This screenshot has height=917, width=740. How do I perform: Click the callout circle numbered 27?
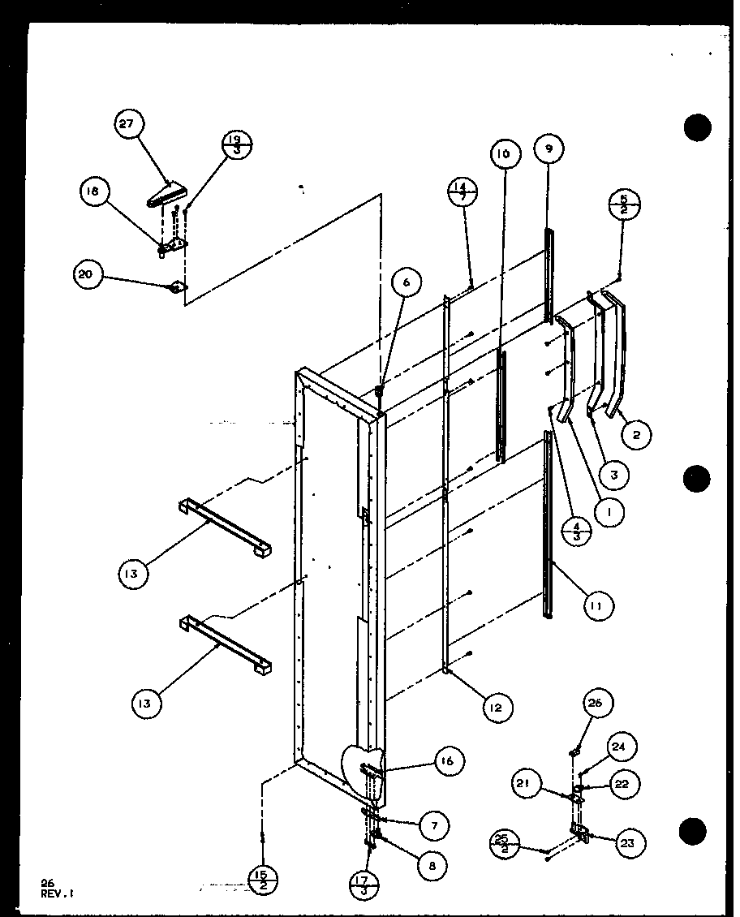pyautogui.click(x=128, y=126)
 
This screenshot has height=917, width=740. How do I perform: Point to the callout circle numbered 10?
pyautogui.click(x=503, y=153)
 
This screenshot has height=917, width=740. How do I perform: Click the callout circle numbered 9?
pyautogui.click(x=549, y=149)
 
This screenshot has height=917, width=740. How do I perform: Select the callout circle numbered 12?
pyautogui.click(x=496, y=708)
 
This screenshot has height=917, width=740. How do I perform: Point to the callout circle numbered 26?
pyautogui.click(x=597, y=704)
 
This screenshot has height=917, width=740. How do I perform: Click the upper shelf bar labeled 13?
pyautogui.click(x=225, y=526)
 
